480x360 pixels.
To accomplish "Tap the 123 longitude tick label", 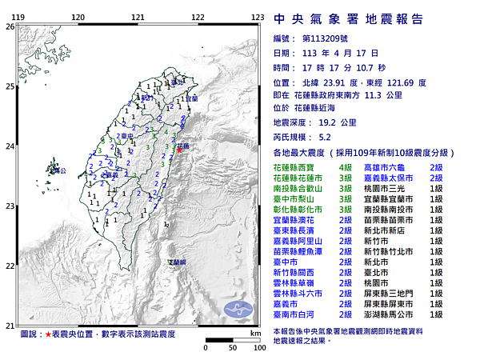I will pos(258,17).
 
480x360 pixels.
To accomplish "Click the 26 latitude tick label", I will pos(10,26).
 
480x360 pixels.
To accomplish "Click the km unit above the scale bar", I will pos(254,332).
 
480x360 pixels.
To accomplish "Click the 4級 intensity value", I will pos(346,167).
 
